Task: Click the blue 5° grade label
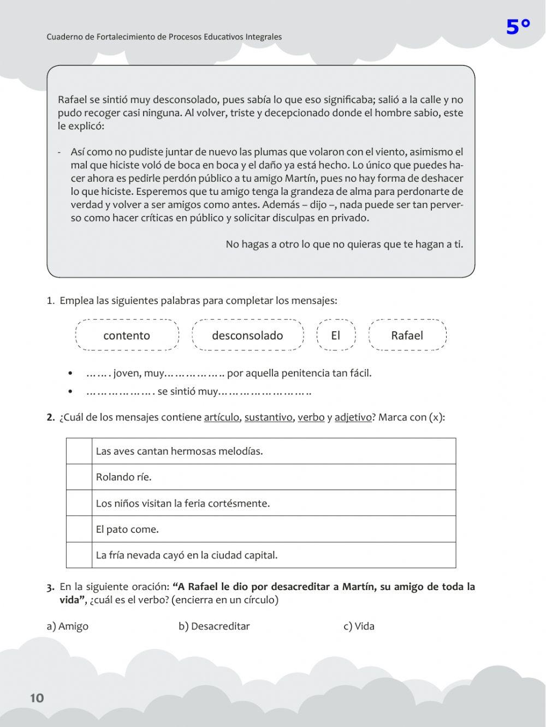pyautogui.click(x=518, y=27)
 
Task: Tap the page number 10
pyautogui.click(x=37, y=698)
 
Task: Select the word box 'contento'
pyautogui.click(x=127, y=335)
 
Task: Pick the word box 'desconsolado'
pyautogui.click(x=247, y=335)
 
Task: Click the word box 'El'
pyautogui.click(x=336, y=335)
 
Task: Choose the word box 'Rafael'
pyautogui.click(x=407, y=335)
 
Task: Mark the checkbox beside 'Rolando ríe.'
pyautogui.click(x=79, y=477)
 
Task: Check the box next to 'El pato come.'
pyautogui.click(x=79, y=529)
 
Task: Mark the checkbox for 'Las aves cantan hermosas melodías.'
pyautogui.click(x=79, y=451)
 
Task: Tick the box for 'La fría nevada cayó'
pyautogui.click(x=79, y=555)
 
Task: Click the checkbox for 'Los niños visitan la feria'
pyautogui.click(x=79, y=503)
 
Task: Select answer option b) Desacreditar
pyautogui.click(x=214, y=626)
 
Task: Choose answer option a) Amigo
pyautogui.click(x=68, y=626)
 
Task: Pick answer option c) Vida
pyautogui.click(x=359, y=626)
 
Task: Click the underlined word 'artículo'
pyautogui.click(x=221, y=418)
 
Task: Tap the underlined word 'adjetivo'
pyautogui.click(x=353, y=418)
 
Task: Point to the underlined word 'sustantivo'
pyautogui.click(x=268, y=418)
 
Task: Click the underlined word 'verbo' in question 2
pyautogui.click(x=311, y=418)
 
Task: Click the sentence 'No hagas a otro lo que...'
pyautogui.click(x=344, y=244)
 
